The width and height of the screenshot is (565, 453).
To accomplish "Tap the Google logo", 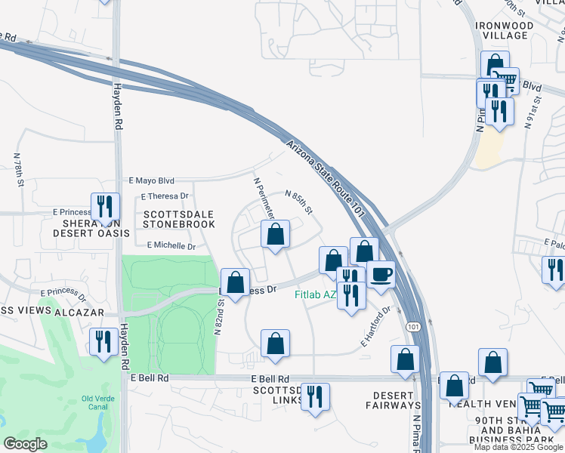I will [x=25, y=444].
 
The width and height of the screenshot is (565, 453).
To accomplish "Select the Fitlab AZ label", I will [x=314, y=294].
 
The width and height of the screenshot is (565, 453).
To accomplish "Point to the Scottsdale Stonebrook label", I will [x=179, y=219].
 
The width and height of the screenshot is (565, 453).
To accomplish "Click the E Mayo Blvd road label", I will [x=151, y=181].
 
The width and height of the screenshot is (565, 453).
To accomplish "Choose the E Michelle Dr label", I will [x=171, y=245].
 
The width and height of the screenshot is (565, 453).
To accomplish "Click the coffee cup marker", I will [x=381, y=274].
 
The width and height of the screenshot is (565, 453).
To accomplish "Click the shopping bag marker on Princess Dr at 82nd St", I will [x=236, y=283].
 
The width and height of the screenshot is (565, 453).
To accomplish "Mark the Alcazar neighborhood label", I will [x=74, y=311].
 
